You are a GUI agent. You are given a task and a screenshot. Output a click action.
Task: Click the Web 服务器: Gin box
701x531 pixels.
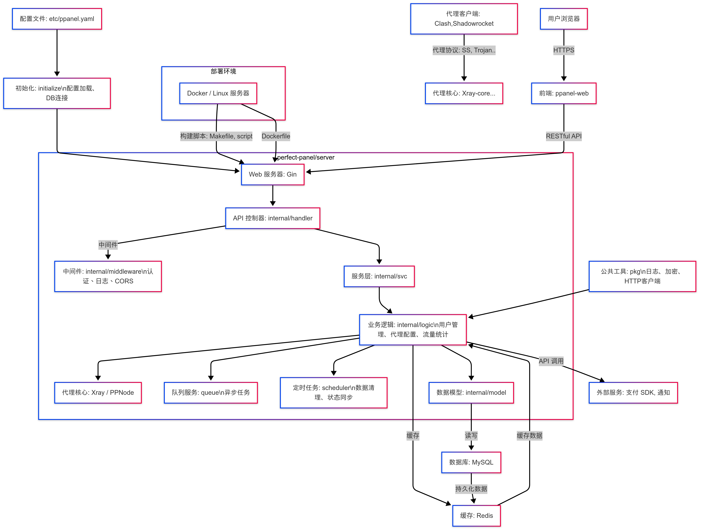click(x=273, y=174)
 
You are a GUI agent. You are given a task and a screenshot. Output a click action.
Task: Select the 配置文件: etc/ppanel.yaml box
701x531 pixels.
click(x=57, y=19)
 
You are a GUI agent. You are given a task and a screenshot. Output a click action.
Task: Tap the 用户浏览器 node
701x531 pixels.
click(x=564, y=19)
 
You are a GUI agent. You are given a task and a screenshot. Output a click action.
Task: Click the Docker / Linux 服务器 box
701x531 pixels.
click(x=218, y=93)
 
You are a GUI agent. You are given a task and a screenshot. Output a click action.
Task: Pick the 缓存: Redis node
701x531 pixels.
click(x=476, y=515)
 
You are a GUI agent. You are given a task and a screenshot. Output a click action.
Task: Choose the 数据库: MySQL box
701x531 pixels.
click(x=471, y=462)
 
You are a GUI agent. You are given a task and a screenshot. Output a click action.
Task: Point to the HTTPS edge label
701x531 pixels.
click(x=564, y=50)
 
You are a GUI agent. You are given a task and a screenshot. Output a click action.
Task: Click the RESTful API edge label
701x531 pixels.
click(x=564, y=136)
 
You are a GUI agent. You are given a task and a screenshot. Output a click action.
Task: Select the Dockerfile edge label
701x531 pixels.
click(x=276, y=136)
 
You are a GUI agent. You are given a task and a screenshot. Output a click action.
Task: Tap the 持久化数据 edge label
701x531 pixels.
click(x=471, y=488)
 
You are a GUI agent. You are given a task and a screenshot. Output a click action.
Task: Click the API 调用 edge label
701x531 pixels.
click(x=551, y=361)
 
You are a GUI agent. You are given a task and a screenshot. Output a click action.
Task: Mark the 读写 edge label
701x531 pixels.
click(x=471, y=435)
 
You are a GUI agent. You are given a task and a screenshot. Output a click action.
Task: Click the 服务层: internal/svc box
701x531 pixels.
click(x=379, y=276)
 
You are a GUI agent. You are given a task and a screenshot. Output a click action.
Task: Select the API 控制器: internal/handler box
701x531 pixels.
click(x=273, y=218)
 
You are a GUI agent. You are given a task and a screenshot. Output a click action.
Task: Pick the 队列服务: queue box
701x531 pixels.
click(x=211, y=392)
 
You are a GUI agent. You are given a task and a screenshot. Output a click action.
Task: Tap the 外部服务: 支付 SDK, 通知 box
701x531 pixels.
click(x=633, y=392)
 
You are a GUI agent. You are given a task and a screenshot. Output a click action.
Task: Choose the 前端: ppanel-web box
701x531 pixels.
click(x=564, y=93)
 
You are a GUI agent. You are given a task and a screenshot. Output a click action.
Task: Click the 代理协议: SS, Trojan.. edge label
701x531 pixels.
click(x=464, y=50)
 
